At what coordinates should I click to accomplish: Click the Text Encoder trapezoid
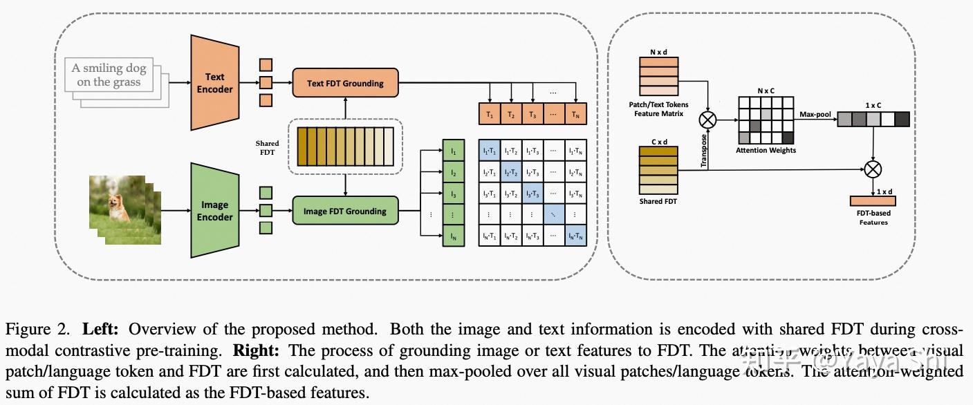coord(214,83)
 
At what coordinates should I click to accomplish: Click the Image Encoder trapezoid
coord(214,211)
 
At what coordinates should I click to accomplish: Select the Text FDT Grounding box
coord(345,83)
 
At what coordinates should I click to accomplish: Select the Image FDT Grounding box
coord(345,211)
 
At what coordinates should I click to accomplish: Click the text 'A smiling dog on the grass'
coord(109,75)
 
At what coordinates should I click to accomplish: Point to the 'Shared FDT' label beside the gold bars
coord(267,148)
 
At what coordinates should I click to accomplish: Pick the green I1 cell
coord(454,151)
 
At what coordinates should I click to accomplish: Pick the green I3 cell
coord(454,194)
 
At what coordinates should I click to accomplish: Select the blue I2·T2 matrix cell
coord(510,172)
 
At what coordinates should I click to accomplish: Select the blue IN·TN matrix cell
coord(575,236)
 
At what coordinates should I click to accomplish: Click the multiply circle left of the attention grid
coord(707,120)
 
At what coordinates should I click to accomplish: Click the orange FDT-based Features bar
coord(873,200)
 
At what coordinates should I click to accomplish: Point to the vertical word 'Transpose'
coord(704,151)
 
